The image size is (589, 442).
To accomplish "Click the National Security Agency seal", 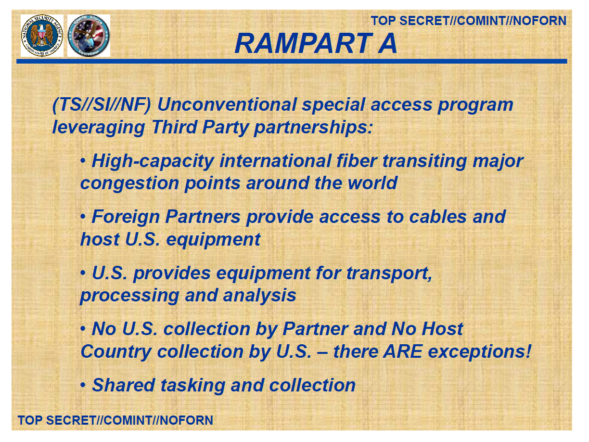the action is (x=42, y=36).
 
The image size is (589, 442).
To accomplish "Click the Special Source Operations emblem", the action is (x=89, y=36).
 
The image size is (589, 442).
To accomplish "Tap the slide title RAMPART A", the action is (x=316, y=43).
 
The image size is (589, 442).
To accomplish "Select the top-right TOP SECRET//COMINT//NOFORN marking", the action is (x=469, y=21).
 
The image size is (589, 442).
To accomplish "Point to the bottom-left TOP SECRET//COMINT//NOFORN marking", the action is (x=115, y=420).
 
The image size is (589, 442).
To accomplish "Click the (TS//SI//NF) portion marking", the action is (x=102, y=104).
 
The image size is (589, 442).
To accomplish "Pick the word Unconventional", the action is (x=227, y=104).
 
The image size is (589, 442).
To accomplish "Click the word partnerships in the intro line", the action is (x=313, y=127).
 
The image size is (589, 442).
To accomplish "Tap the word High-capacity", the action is (x=153, y=161).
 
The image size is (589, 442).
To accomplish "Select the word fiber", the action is (x=357, y=161).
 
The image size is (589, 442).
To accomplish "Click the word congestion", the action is (x=129, y=183).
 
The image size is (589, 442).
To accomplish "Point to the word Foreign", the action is (x=126, y=217).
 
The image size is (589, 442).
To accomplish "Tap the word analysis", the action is (x=259, y=296).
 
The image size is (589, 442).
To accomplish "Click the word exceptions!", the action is (x=479, y=351).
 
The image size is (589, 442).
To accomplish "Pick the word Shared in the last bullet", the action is (x=124, y=385).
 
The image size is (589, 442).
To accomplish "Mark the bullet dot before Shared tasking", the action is (x=83, y=385).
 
